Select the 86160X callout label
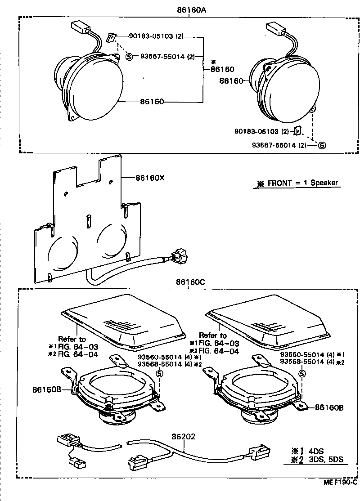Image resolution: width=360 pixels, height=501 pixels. coord(150,178)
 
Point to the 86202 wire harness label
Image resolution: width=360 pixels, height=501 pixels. coord(183,436)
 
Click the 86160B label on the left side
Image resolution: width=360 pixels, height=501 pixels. coord(47,388)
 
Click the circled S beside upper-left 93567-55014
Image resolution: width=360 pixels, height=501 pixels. coord(129,57)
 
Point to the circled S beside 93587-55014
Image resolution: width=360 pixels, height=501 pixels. coord(322,145)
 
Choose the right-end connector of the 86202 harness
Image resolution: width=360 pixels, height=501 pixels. coord(260,451)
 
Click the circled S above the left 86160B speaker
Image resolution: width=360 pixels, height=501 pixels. coord(158,374)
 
